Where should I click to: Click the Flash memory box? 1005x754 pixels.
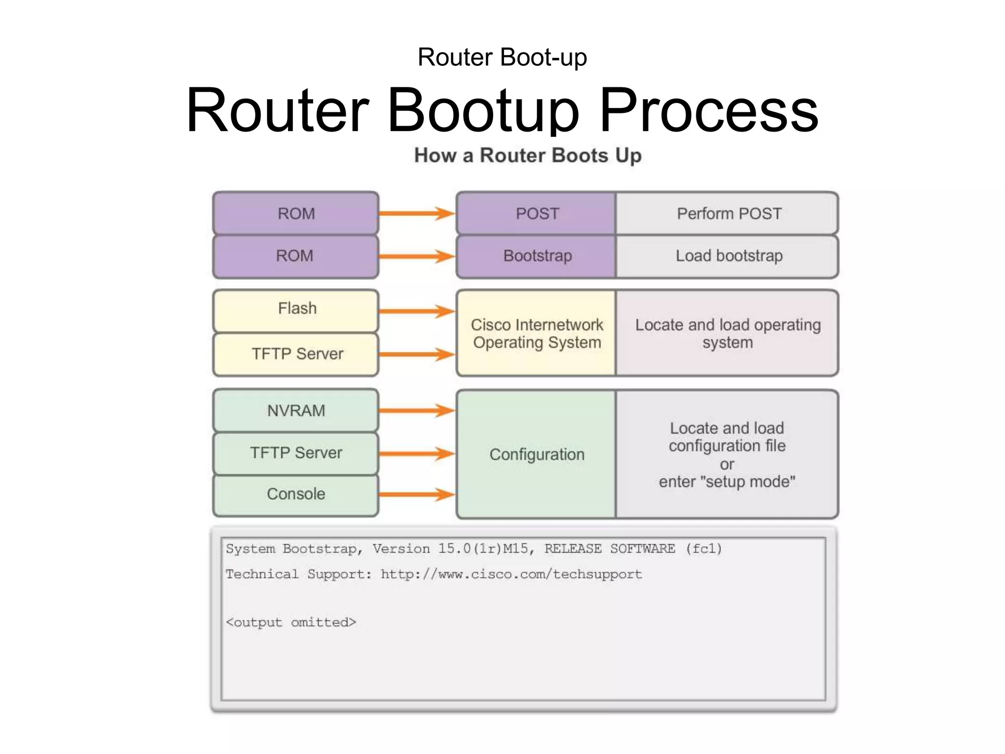[296, 310]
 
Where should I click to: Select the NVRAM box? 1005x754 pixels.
[296, 410]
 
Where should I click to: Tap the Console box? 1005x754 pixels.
[296, 494]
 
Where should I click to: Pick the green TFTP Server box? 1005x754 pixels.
[296, 453]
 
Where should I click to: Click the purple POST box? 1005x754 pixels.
[536, 214]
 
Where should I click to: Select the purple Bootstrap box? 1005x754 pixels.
[536, 256]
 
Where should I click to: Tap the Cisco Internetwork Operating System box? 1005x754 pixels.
[536, 333]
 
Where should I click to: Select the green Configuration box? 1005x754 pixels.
[536, 454]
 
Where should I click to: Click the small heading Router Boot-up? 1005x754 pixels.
[502, 57]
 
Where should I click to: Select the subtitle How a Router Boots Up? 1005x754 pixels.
[528, 156]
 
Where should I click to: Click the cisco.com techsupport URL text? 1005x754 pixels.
[511, 574]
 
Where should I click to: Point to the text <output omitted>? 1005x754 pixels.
[291, 622]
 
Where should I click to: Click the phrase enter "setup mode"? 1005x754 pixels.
[727, 482]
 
